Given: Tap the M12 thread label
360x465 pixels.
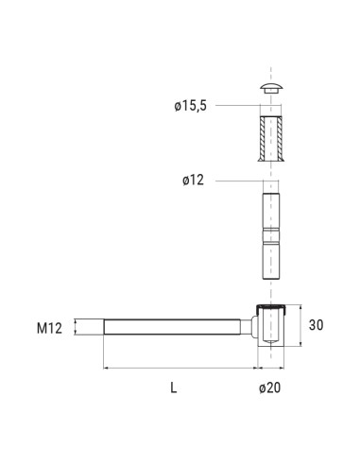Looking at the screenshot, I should [x=49, y=329].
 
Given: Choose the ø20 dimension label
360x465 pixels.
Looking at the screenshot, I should [x=270, y=387].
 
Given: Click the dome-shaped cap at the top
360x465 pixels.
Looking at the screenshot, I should [x=269, y=88].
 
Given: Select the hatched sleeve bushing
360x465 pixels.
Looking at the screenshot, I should [x=269, y=137].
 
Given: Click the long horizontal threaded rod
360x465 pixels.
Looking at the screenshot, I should [x=175, y=329].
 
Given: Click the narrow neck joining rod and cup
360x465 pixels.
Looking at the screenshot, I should [x=251, y=329].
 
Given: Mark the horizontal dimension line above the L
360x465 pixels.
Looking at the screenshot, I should [x=180, y=367].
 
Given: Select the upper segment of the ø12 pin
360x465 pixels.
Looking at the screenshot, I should [x=269, y=208].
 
